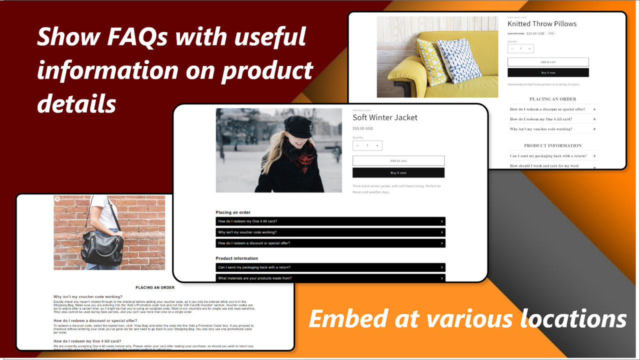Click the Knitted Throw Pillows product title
(542, 24)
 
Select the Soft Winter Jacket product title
(384, 117)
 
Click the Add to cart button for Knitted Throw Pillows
(548, 62)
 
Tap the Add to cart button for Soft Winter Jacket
(398, 160)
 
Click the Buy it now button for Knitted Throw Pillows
(548, 72)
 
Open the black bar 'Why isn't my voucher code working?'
(330, 232)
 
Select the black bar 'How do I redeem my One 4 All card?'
(330, 221)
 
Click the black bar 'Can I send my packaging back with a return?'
(330, 267)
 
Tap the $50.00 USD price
(362, 128)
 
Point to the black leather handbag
(102, 248)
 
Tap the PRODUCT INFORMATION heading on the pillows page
(552, 145)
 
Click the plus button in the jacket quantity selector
(377, 145)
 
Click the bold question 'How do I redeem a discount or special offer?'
(95, 320)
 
